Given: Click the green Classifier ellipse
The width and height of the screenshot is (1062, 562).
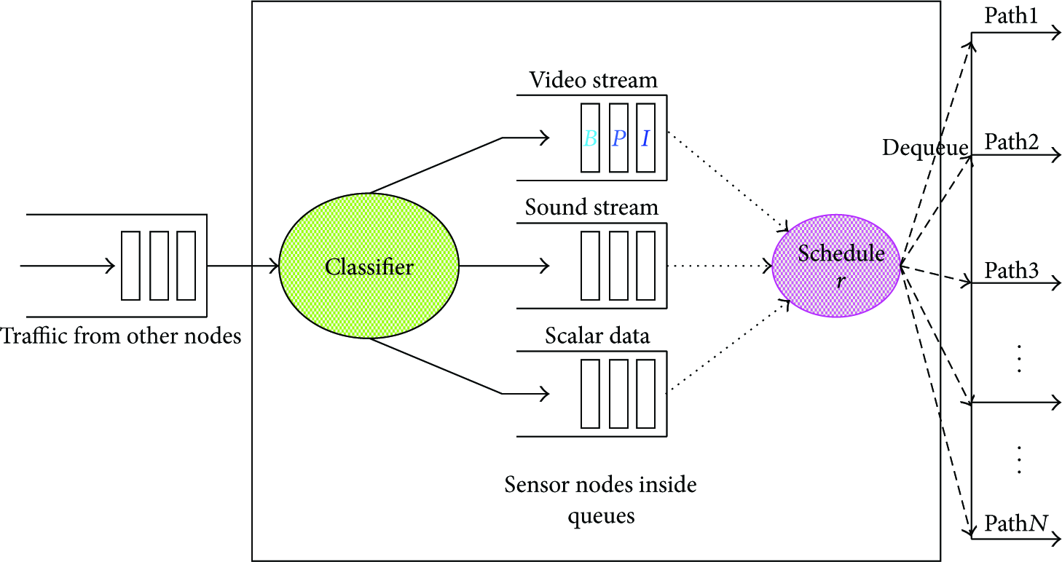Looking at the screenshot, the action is [369, 266].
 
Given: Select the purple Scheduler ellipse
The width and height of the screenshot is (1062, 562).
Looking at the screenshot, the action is [836, 266].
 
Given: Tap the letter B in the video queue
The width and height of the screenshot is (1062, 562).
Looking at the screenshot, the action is [590, 139].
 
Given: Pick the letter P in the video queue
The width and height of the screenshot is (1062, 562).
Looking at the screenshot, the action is [618, 139].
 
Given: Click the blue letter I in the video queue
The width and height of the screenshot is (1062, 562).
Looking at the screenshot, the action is [645, 139].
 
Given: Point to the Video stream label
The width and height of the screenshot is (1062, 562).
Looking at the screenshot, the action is [594, 80].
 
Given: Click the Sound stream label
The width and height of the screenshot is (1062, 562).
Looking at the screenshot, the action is [591, 207].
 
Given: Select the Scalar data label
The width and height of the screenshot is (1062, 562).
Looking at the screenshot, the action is [597, 336].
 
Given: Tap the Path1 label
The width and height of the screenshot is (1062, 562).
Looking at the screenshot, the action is [1011, 15].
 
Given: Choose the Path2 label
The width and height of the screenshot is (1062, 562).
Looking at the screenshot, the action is [1012, 142].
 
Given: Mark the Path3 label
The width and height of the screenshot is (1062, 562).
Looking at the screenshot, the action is [1012, 271].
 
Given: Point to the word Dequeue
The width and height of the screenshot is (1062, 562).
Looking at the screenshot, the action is [925, 148].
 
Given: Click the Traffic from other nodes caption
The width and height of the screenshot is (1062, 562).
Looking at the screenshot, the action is [121, 336].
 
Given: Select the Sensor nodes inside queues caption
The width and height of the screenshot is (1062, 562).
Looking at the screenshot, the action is [601, 500].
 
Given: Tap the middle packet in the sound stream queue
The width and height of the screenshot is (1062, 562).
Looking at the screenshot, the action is [618, 266].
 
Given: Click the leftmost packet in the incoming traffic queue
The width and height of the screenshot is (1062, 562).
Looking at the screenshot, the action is [130, 266].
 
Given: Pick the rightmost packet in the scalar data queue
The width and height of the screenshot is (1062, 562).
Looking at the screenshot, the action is [646, 394].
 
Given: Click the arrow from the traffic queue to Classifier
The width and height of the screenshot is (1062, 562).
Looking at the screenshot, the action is [243, 266].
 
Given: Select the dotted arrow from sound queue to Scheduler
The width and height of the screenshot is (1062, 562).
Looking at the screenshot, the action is [720, 266].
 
